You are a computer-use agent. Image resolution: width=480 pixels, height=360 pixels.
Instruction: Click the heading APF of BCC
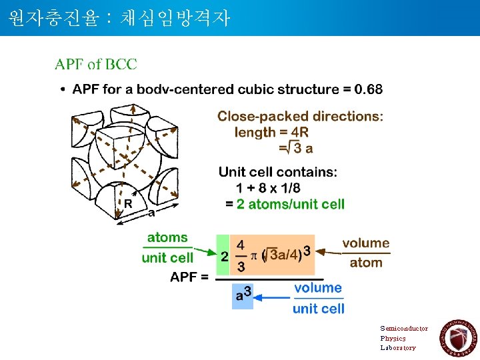(x=96, y=65)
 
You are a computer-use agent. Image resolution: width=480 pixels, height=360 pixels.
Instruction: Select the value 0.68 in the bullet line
(x=369, y=89)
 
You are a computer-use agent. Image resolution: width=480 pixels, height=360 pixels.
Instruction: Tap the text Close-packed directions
(x=300, y=117)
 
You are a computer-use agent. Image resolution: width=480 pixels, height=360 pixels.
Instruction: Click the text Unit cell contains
(x=278, y=173)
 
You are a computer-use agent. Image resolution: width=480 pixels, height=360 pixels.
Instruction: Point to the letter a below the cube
(x=151, y=213)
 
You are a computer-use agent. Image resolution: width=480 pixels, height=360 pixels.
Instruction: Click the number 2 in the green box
(x=224, y=256)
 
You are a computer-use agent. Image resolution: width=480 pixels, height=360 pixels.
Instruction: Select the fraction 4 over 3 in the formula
(x=241, y=256)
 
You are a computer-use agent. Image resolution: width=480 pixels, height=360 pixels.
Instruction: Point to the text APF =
(x=189, y=277)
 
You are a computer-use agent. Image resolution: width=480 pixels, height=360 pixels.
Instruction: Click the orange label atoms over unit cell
(x=167, y=247)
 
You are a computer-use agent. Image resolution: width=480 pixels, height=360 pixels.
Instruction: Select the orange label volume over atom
(x=366, y=253)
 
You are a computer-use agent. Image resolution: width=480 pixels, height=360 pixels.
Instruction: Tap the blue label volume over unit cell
(x=318, y=298)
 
